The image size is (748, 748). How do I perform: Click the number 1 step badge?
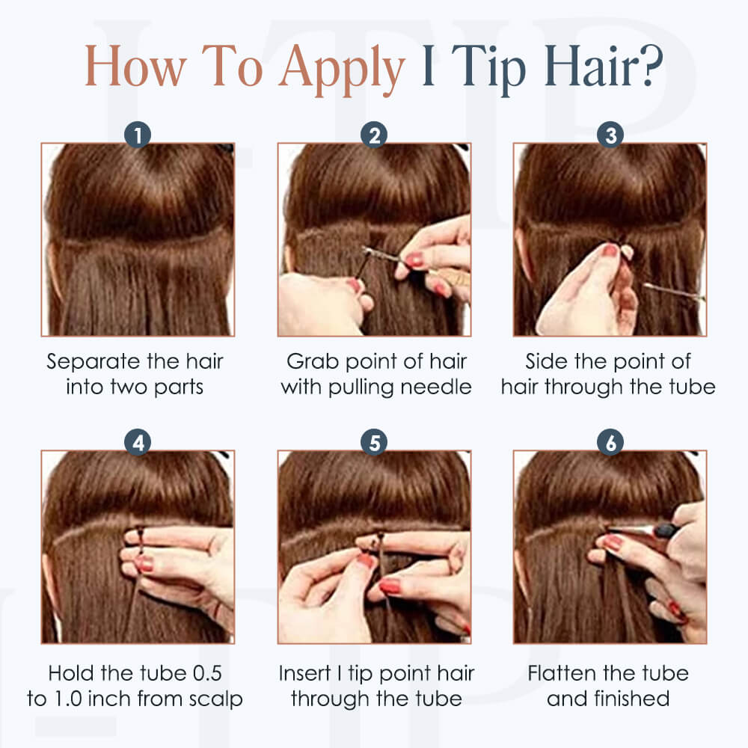(138, 135)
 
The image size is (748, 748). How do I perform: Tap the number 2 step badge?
(374, 135)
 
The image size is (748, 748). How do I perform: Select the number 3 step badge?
(610, 135)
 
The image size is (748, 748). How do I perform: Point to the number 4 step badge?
(138, 442)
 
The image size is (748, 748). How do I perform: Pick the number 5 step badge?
(374, 442)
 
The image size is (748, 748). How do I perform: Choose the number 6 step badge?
(610, 442)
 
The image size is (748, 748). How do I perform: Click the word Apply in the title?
(342, 69)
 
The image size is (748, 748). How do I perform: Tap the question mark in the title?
(649, 65)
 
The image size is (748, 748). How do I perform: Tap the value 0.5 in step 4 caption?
(207, 674)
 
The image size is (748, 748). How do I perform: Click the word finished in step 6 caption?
(631, 699)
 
